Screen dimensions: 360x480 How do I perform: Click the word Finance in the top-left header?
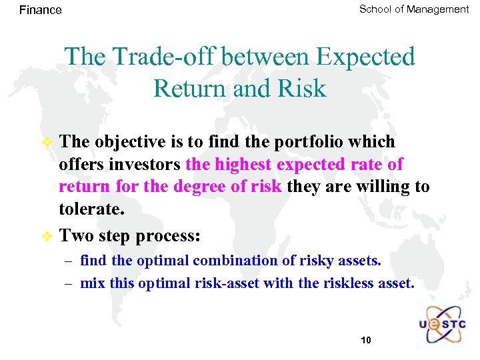[40, 10]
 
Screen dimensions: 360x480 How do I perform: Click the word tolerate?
[91, 209]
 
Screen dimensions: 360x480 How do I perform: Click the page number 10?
[365, 340]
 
